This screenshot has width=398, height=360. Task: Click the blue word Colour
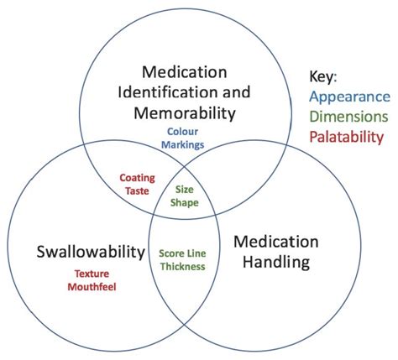(183, 131)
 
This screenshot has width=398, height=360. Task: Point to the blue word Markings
(183, 143)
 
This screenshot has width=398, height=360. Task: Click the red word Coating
(136, 178)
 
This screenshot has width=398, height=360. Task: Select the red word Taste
(136, 190)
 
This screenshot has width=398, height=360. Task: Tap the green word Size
(185, 190)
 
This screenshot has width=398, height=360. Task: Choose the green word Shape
(185, 202)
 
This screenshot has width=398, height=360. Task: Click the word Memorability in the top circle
(183, 112)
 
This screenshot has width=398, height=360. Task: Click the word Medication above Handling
(276, 242)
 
